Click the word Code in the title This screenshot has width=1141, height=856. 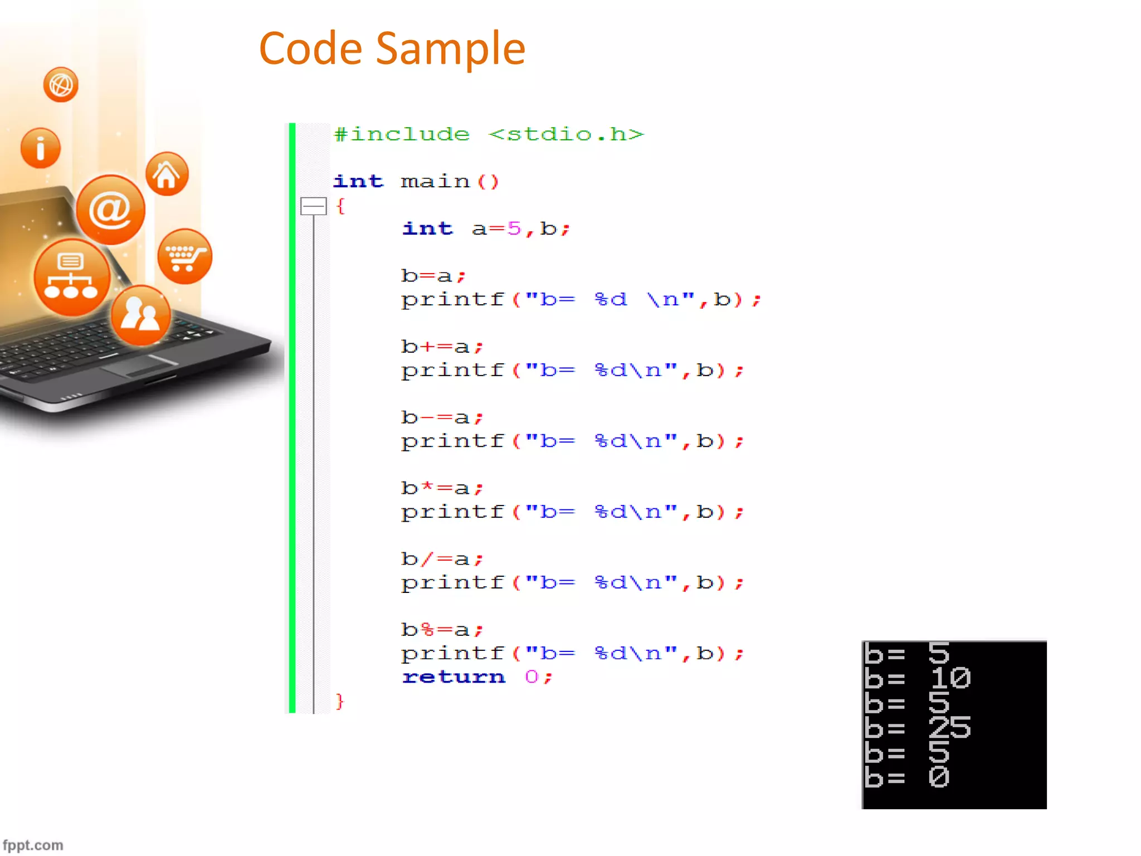pyautogui.click(x=311, y=49)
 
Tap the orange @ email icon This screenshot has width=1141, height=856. pyautogui.click(x=110, y=210)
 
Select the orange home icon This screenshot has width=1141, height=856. pyautogui.click(x=167, y=174)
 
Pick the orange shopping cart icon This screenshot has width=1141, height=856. pyautogui.click(x=185, y=257)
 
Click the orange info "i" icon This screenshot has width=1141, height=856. pyautogui.click(x=40, y=148)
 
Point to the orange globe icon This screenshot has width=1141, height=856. pyautogui.click(x=61, y=85)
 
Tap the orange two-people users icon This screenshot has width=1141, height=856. pyautogui.click(x=141, y=315)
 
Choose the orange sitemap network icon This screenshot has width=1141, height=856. pyautogui.click(x=71, y=277)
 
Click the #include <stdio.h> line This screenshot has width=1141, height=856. pyautogui.click(x=488, y=134)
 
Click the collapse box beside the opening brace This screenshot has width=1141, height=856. pyautogui.click(x=313, y=206)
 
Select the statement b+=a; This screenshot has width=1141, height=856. pyautogui.click(x=442, y=347)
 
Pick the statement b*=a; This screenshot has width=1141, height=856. pyautogui.click(x=442, y=488)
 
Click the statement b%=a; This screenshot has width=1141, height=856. pyautogui.click(x=442, y=630)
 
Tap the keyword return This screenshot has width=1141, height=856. pyautogui.click(x=454, y=677)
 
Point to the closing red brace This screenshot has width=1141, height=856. pyautogui.click(x=340, y=701)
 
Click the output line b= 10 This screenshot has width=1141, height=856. pyautogui.click(x=917, y=678)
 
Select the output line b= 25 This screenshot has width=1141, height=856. pyautogui.click(x=917, y=728)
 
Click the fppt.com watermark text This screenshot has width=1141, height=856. pyautogui.click(x=33, y=845)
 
